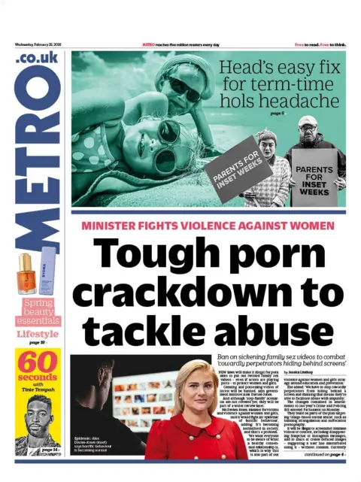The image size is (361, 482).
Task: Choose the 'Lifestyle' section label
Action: pos(38,334)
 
